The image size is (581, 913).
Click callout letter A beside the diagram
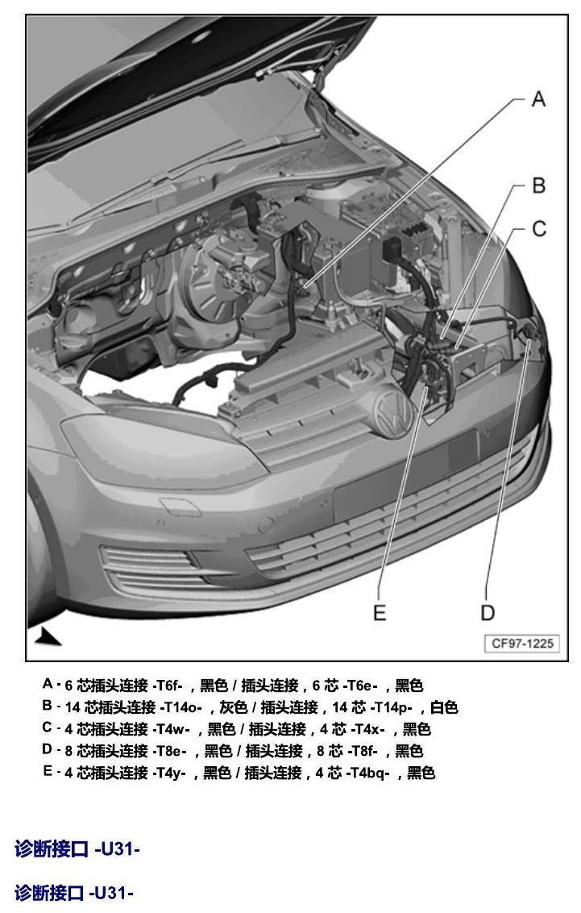pyautogui.click(x=538, y=99)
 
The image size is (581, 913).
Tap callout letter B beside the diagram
pyautogui.click(x=538, y=186)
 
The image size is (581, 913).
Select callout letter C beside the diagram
pyautogui.click(x=539, y=229)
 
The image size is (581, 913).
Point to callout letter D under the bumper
pyautogui.click(x=488, y=612)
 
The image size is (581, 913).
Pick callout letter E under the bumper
pyautogui.click(x=380, y=612)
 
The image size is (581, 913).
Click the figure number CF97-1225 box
pyautogui.click(x=522, y=644)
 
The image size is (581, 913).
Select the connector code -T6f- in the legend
pyautogui.click(x=168, y=686)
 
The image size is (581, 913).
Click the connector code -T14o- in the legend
pyautogui.click(x=181, y=707)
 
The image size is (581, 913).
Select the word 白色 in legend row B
pyautogui.click(x=444, y=707)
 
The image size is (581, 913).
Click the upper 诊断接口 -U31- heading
pyautogui.click(x=77, y=849)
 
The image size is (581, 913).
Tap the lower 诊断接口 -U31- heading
pyautogui.click(x=74, y=893)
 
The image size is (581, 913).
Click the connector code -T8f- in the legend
pyautogui.click(x=363, y=751)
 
